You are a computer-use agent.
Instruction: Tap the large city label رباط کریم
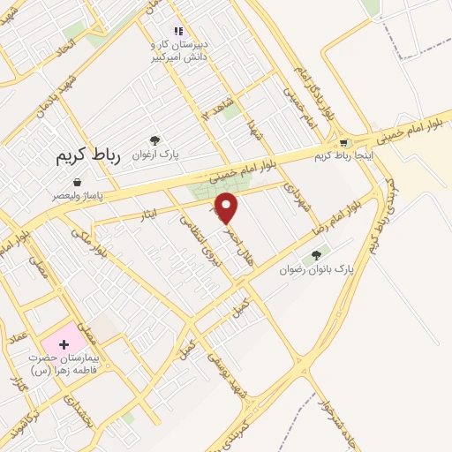pyautogui.click(x=87, y=156)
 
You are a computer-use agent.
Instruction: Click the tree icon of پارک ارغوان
pyautogui.click(x=155, y=139)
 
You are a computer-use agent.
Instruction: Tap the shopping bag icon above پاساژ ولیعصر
pyautogui.click(x=78, y=182)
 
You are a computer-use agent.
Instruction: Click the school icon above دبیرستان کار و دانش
pyautogui.click(x=178, y=31)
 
